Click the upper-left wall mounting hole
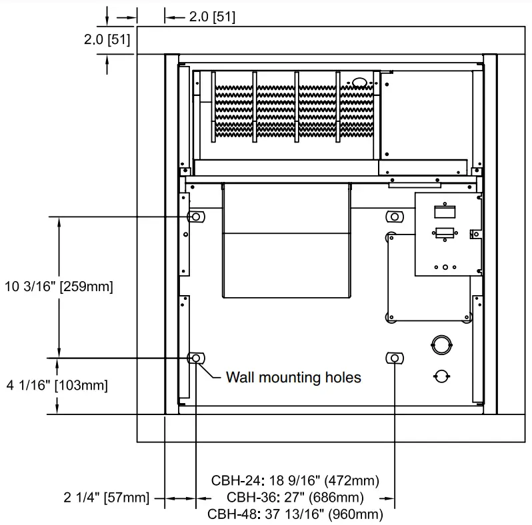[x=197, y=217]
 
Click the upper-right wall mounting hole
[x=395, y=217]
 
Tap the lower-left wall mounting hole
[x=196, y=358]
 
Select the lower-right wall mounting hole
[x=395, y=358]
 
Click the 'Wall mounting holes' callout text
[x=293, y=378]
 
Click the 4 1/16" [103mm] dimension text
[x=56, y=385]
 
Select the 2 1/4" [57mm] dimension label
[x=107, y=498]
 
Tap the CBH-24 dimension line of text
[x=295, y=480]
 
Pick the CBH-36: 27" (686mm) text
[x=295, y=498]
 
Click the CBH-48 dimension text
[x=295, y=514]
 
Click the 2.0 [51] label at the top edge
[x=211, y=17]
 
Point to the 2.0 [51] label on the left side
[x=107, y=40]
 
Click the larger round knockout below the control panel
[x=441, y=344]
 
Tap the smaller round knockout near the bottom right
[x=440, y=376]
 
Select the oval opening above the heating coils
[x=359, y=83]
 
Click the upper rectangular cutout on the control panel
[x=444, y=212]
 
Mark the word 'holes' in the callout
[x=342, y=378]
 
